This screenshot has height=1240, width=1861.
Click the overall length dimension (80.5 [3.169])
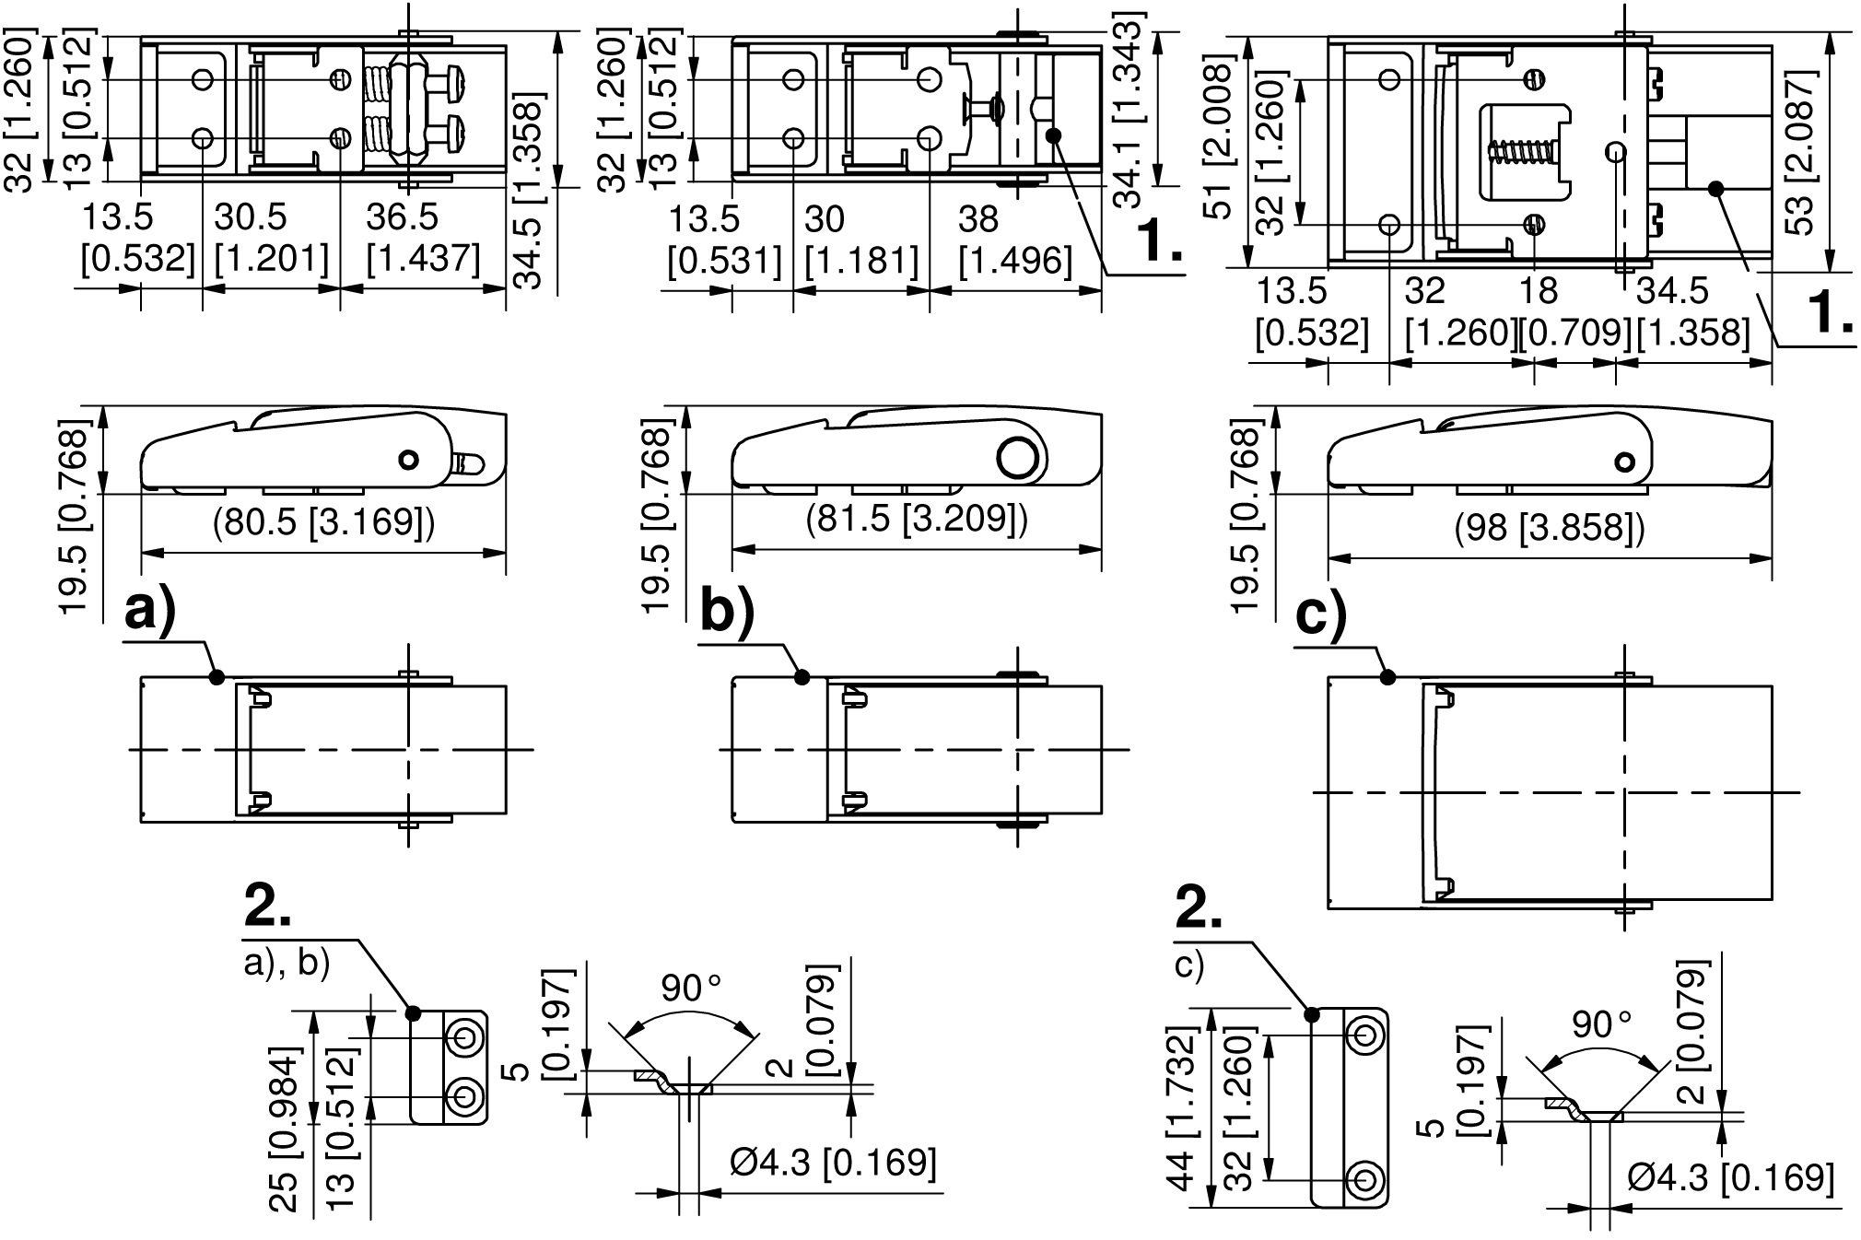coord(323,523)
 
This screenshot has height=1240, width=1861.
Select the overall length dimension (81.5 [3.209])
coord(917,521)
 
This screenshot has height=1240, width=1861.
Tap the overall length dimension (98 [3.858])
coord(1550,528)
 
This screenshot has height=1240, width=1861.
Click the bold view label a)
coord(150,610)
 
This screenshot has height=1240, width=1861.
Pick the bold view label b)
coord(727,611)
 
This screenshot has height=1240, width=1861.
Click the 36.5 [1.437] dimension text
coord(423,239)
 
